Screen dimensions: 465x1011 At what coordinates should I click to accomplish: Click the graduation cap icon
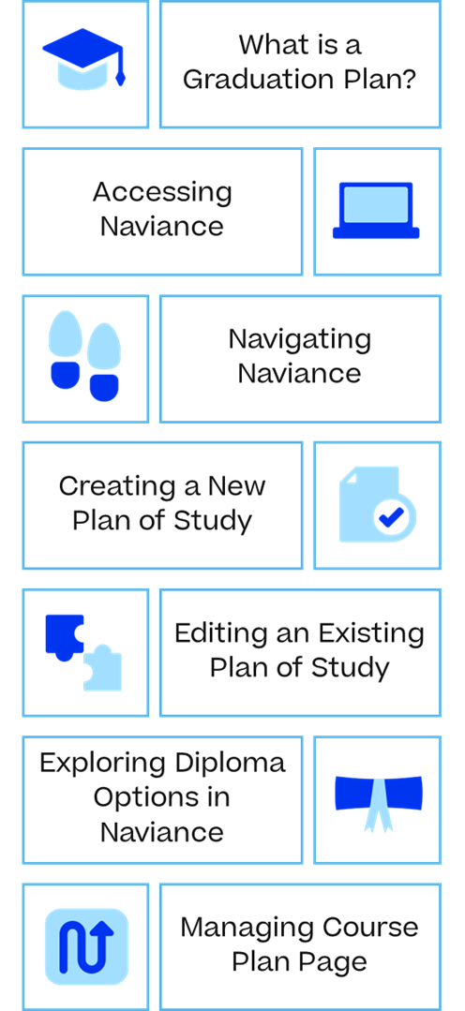point(83,58)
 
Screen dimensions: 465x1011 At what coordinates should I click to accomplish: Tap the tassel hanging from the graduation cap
point(120,69)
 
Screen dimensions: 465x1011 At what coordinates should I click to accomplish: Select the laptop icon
point(376,211)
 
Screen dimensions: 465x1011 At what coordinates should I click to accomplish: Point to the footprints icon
point(84,356)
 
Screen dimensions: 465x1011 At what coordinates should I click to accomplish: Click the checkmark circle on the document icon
point(394,516)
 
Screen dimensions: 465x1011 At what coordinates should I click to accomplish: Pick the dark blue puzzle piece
point(64,636)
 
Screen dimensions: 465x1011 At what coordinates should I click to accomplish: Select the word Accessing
point(162,192)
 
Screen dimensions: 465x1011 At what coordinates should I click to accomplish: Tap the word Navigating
point(300,340)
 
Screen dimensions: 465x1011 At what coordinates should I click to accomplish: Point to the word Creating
point(117,486)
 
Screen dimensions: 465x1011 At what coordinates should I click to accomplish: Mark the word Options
point(142,797)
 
